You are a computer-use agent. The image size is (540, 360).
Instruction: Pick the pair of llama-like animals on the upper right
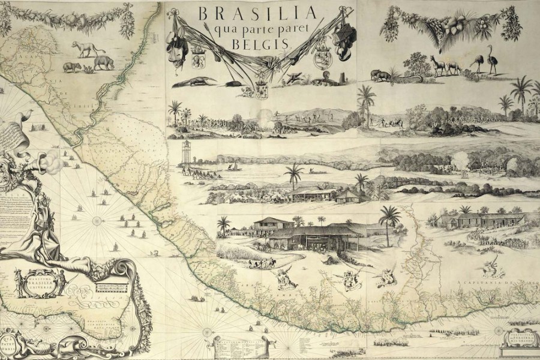tap(444, 64)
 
